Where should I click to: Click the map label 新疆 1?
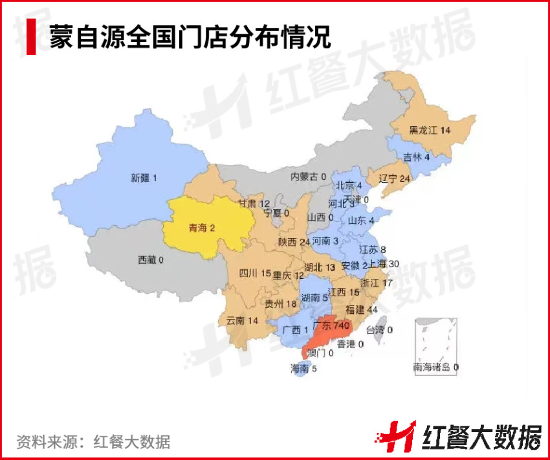(x=144, y=177)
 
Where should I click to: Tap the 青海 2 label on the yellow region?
(x=206, y=228)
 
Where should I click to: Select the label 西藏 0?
(x=150, y=260)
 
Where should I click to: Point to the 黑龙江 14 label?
(x=429, y=130)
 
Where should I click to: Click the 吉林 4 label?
(x=416, y=157)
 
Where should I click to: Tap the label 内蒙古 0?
(x=308, y=176)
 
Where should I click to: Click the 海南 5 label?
(x=303, y=369)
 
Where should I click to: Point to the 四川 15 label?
(x=254, y=274)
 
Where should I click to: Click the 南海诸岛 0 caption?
(x=435, y=367)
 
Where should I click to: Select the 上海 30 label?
(x=384, y=263)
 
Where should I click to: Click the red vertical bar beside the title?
(x=30, y=37)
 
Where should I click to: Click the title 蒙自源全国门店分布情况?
(x=190, y=37)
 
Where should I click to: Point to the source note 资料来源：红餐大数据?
(x=93, y=442)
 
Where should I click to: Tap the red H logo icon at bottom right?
(x=397, y=435)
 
